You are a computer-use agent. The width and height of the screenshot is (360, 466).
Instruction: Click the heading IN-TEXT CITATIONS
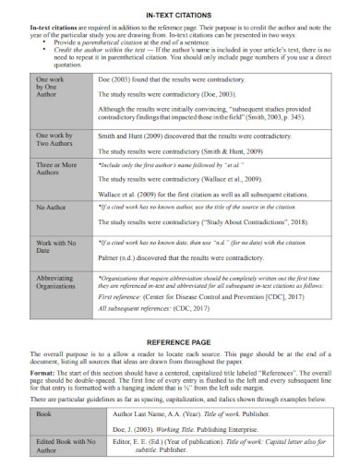(179, 16)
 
